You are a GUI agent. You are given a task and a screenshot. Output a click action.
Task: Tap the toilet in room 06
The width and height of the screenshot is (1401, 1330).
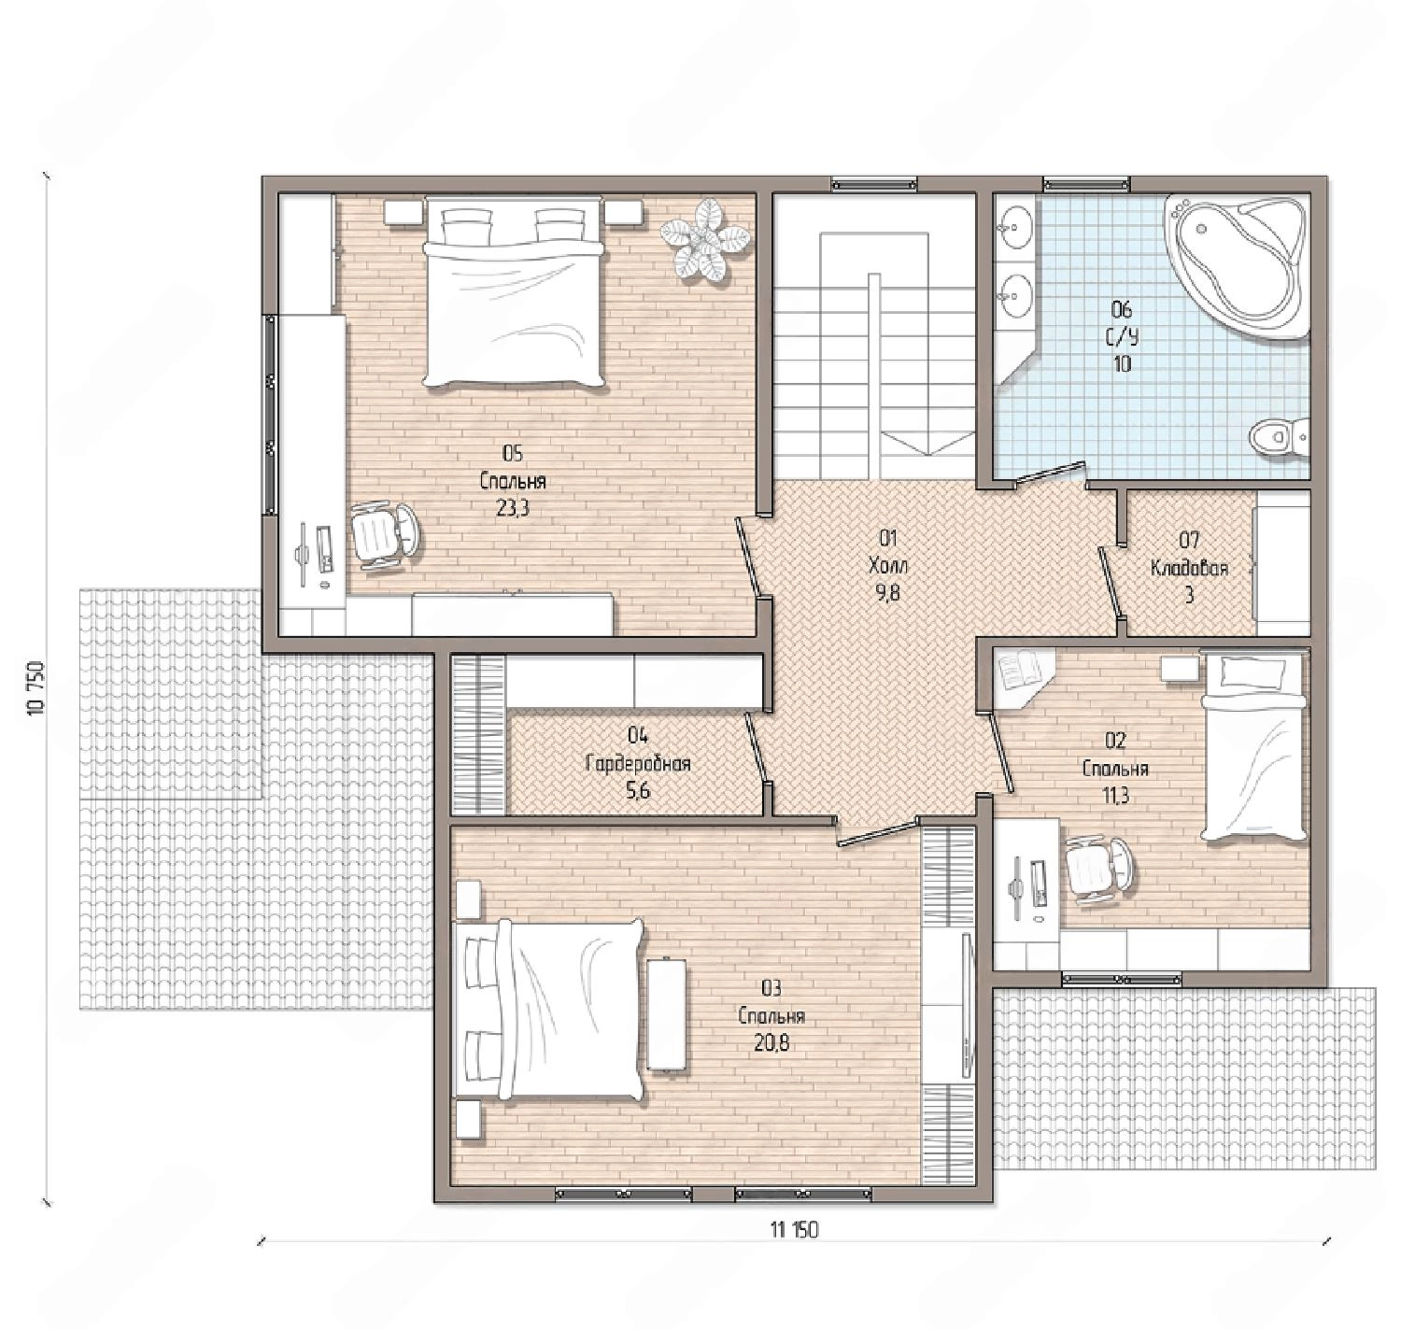pos(1280,435)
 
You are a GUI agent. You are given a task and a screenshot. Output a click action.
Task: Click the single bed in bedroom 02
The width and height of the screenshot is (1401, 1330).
pos(1253,744)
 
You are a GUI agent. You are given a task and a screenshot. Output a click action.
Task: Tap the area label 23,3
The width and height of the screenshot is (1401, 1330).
pos(513,508)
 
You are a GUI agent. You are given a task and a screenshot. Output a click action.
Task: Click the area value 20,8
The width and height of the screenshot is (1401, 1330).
pos(771,1042)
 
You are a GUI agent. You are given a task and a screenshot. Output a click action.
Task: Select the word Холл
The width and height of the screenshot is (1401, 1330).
pos(888,567)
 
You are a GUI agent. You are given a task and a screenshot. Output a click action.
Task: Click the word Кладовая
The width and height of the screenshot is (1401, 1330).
pos(1189,568)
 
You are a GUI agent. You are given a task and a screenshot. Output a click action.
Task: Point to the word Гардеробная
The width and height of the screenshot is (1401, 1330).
pos(638,764)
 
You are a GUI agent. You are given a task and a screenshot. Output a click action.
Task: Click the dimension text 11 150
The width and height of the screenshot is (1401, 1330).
pos(794,1229)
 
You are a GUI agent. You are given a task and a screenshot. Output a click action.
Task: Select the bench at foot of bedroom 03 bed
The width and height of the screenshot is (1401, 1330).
pos(666,1013)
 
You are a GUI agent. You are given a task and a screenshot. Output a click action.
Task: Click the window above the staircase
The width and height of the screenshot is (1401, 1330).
pos(873,185)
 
